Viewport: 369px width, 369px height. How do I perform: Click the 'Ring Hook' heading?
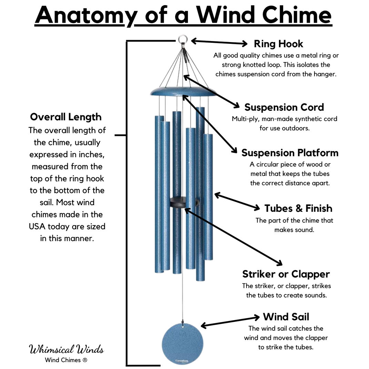(278, 44)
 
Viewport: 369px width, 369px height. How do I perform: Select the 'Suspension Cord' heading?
(284, 107)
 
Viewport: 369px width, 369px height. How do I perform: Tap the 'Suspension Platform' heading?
(290, 152)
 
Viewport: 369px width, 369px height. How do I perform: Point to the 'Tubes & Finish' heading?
(298, 208)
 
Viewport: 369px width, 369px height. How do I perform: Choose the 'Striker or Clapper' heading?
(286, 274)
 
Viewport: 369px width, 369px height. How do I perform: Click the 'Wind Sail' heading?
(286, 317)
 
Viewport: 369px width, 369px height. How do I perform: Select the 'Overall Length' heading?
(66, 117)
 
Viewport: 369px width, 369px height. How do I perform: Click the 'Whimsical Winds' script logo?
(66, 349)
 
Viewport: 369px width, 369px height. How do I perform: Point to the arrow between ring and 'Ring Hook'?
(219, 42)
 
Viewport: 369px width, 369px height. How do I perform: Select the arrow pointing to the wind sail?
(230, 321)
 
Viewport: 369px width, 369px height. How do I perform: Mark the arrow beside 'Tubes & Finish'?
(237, 202)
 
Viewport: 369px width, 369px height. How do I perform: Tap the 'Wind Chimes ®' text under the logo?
(66, 360)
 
